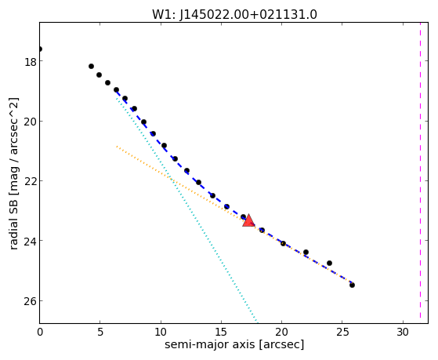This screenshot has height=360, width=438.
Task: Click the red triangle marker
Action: [248, 220]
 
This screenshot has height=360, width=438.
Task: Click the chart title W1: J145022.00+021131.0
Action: [234, 15]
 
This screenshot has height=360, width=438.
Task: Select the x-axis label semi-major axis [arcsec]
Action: [234, 344]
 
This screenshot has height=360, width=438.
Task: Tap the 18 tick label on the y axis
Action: [31, 62]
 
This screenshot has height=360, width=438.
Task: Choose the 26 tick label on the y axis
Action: [31, 301]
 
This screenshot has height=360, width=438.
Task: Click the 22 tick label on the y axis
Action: [31, 181]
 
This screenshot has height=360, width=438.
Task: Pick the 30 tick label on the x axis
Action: [403, 333]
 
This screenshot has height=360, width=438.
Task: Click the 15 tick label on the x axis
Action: [221, 333]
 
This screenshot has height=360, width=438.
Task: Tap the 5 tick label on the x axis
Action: [100, 333]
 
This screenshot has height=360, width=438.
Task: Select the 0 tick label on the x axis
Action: [40, 333]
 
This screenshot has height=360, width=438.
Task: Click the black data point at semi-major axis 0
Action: [40, 49]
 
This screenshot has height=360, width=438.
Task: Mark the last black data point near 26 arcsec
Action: [352, 285]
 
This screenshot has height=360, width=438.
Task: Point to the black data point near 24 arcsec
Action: [329, 264]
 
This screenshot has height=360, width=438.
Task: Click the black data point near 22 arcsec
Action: [306, 253]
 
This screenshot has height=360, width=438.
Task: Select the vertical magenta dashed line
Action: [420, 170]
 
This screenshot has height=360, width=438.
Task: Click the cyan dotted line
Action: [186, 209]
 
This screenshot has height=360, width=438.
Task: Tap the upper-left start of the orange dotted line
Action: [117, 147]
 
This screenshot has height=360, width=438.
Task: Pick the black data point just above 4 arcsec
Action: [91, 67]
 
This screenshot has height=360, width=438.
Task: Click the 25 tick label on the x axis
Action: [342, 333]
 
